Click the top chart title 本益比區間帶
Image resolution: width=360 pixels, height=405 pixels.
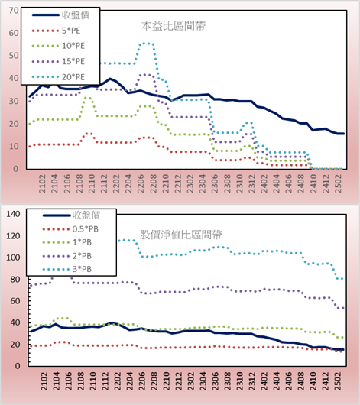pos(174,26)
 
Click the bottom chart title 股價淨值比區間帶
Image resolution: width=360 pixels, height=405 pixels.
pos(180,235)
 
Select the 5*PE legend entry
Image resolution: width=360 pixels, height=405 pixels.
pos(56,31)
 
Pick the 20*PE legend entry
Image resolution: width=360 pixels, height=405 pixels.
pos(58,77)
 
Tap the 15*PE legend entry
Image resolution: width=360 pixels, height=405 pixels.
pos(58,61)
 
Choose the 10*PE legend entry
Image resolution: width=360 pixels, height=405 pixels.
pos(58,46)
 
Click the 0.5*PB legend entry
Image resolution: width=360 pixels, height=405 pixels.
pos(70,229)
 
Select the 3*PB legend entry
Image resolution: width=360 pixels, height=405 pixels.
pos(67,269)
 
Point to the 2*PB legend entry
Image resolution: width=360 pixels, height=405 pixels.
pos(67,256)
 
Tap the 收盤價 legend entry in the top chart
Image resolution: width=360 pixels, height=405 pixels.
pos(60,15)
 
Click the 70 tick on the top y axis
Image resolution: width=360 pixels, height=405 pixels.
pos(14,11)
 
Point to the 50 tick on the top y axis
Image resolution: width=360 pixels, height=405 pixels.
pos(14,56)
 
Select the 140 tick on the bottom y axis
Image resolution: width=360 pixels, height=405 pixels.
pos(13,214)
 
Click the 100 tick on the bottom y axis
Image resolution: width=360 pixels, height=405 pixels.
pos(13,258)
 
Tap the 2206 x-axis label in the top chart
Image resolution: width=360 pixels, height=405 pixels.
pos(141,183)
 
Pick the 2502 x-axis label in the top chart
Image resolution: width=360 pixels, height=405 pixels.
pos(338,183)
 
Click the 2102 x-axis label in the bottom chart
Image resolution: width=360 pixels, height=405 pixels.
pos(44,381)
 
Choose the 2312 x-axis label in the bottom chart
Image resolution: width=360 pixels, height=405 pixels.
pos(251,381)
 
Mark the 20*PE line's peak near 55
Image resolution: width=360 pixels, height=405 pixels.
pos(146,44)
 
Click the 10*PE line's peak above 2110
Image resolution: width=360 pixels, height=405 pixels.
pos(88,97)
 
